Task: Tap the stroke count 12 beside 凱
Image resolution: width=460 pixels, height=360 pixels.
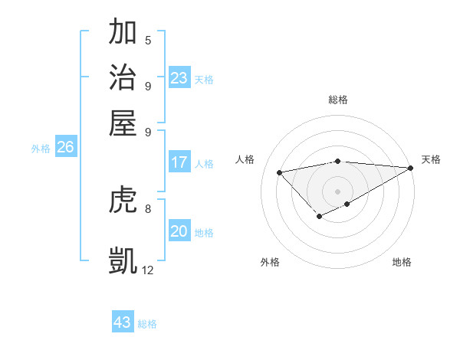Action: coord(148,270)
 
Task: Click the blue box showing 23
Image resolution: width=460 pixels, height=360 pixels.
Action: coord(179,78)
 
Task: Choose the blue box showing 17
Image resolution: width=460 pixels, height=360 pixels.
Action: coord(179,162)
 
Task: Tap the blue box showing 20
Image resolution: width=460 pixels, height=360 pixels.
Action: coord(179,232)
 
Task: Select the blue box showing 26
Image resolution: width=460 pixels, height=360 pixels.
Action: coord(65,148)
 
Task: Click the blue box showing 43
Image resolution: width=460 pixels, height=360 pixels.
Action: coord(123,322)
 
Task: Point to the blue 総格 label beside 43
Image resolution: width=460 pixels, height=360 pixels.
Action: coord(148,324)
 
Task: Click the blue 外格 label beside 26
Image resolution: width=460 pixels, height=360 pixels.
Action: coord(41,149)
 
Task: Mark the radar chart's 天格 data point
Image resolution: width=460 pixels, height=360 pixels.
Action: coord(411,169)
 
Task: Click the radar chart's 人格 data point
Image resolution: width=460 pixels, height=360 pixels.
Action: coord(279,172)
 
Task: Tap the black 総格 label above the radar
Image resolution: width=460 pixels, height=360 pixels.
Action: coord(338,100)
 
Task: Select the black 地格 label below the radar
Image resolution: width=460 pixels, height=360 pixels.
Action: coord(402,262)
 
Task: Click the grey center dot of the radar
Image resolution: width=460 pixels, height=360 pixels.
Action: coord(338,191)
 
